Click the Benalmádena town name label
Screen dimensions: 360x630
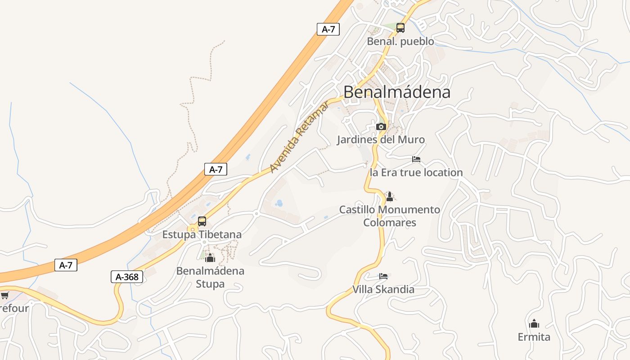(396, 92)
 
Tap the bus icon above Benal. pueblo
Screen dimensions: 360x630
(400, 28)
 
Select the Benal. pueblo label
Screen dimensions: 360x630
(400, 41)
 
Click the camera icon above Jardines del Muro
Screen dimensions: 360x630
(381, 126)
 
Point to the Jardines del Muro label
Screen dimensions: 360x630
(381, 139)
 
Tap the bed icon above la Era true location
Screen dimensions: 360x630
(416, 159)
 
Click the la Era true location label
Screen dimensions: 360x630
(416, 172)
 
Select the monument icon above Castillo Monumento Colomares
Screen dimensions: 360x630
(390, 197)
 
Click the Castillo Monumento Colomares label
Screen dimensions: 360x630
(390, 216)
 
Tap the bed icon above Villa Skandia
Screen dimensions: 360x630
(383, 276)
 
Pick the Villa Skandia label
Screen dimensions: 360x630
(383, 289)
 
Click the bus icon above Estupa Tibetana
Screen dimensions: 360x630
(202, 221)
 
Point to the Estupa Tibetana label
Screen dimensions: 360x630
(202, 234)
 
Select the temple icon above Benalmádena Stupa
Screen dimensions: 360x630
(210, 258)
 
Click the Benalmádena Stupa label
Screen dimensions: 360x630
(210, 277)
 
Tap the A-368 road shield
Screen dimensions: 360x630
(127, 277)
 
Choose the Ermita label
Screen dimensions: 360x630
(534, 337)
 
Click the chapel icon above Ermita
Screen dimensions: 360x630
(534, 324)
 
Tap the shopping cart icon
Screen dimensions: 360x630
(4, 295)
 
